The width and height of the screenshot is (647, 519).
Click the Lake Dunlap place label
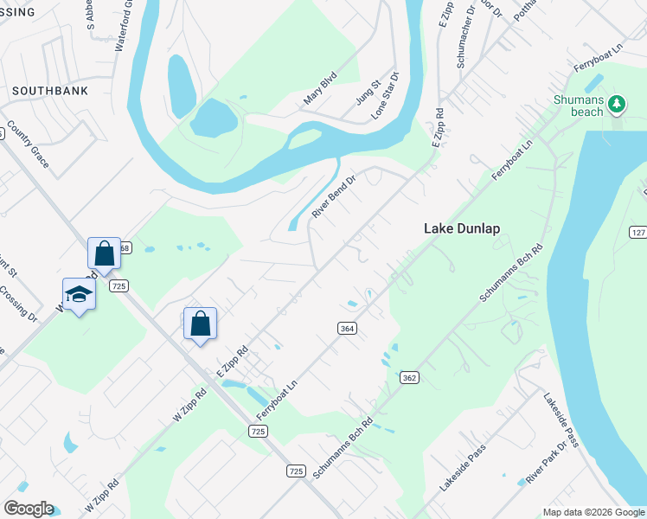462,229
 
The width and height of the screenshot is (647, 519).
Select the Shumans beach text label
578,106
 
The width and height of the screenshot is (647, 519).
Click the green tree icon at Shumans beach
616,105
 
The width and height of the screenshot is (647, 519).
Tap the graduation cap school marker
80,294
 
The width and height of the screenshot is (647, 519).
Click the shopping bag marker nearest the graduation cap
104,253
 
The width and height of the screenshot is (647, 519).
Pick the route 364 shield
347,327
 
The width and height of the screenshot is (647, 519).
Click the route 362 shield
409,378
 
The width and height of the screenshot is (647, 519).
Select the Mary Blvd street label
318,94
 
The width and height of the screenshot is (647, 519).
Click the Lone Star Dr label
386,96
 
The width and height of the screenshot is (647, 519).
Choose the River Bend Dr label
334,197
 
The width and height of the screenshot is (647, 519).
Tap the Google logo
28,509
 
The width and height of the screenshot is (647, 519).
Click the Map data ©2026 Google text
593,512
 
